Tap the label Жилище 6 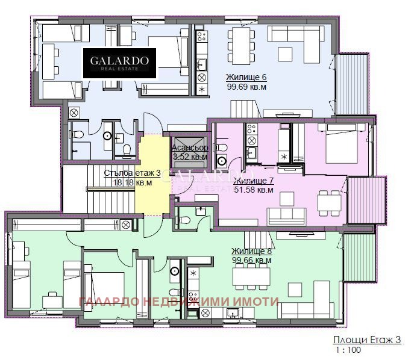[246, 78]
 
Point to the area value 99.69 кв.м [246, 87]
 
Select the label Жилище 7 [254, 181]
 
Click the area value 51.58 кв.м [254, 190]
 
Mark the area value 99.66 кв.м [251, 260]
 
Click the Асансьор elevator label [190, 147]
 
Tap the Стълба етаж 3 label [131, 173]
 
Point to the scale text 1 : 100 [345, 350]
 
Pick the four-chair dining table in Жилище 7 [329, 201]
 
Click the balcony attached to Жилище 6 [347, 84]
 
